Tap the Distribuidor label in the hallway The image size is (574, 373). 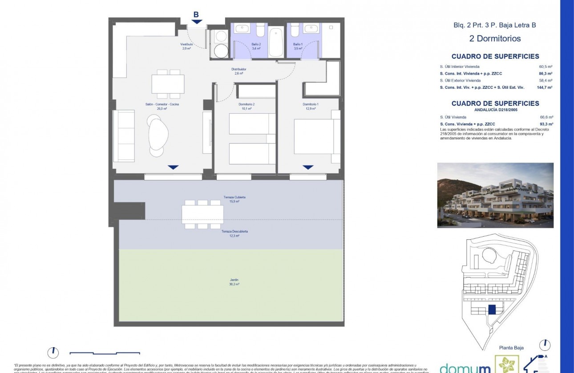point(238,71)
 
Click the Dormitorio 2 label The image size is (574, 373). point(246,107)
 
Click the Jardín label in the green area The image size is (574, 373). point(234,282)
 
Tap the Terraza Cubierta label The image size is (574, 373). point(234,199)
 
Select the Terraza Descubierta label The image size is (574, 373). point(234,234)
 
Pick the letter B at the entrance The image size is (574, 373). point(196,14)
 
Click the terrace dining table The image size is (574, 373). point(202,214)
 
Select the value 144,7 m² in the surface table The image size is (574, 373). point(544,87)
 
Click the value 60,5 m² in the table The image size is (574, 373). point(546,67)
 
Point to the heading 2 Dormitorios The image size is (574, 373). point(495,39)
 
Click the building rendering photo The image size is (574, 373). point(495,195)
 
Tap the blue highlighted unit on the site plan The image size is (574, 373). point(492,310)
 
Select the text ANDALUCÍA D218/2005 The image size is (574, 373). point(495,109)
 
